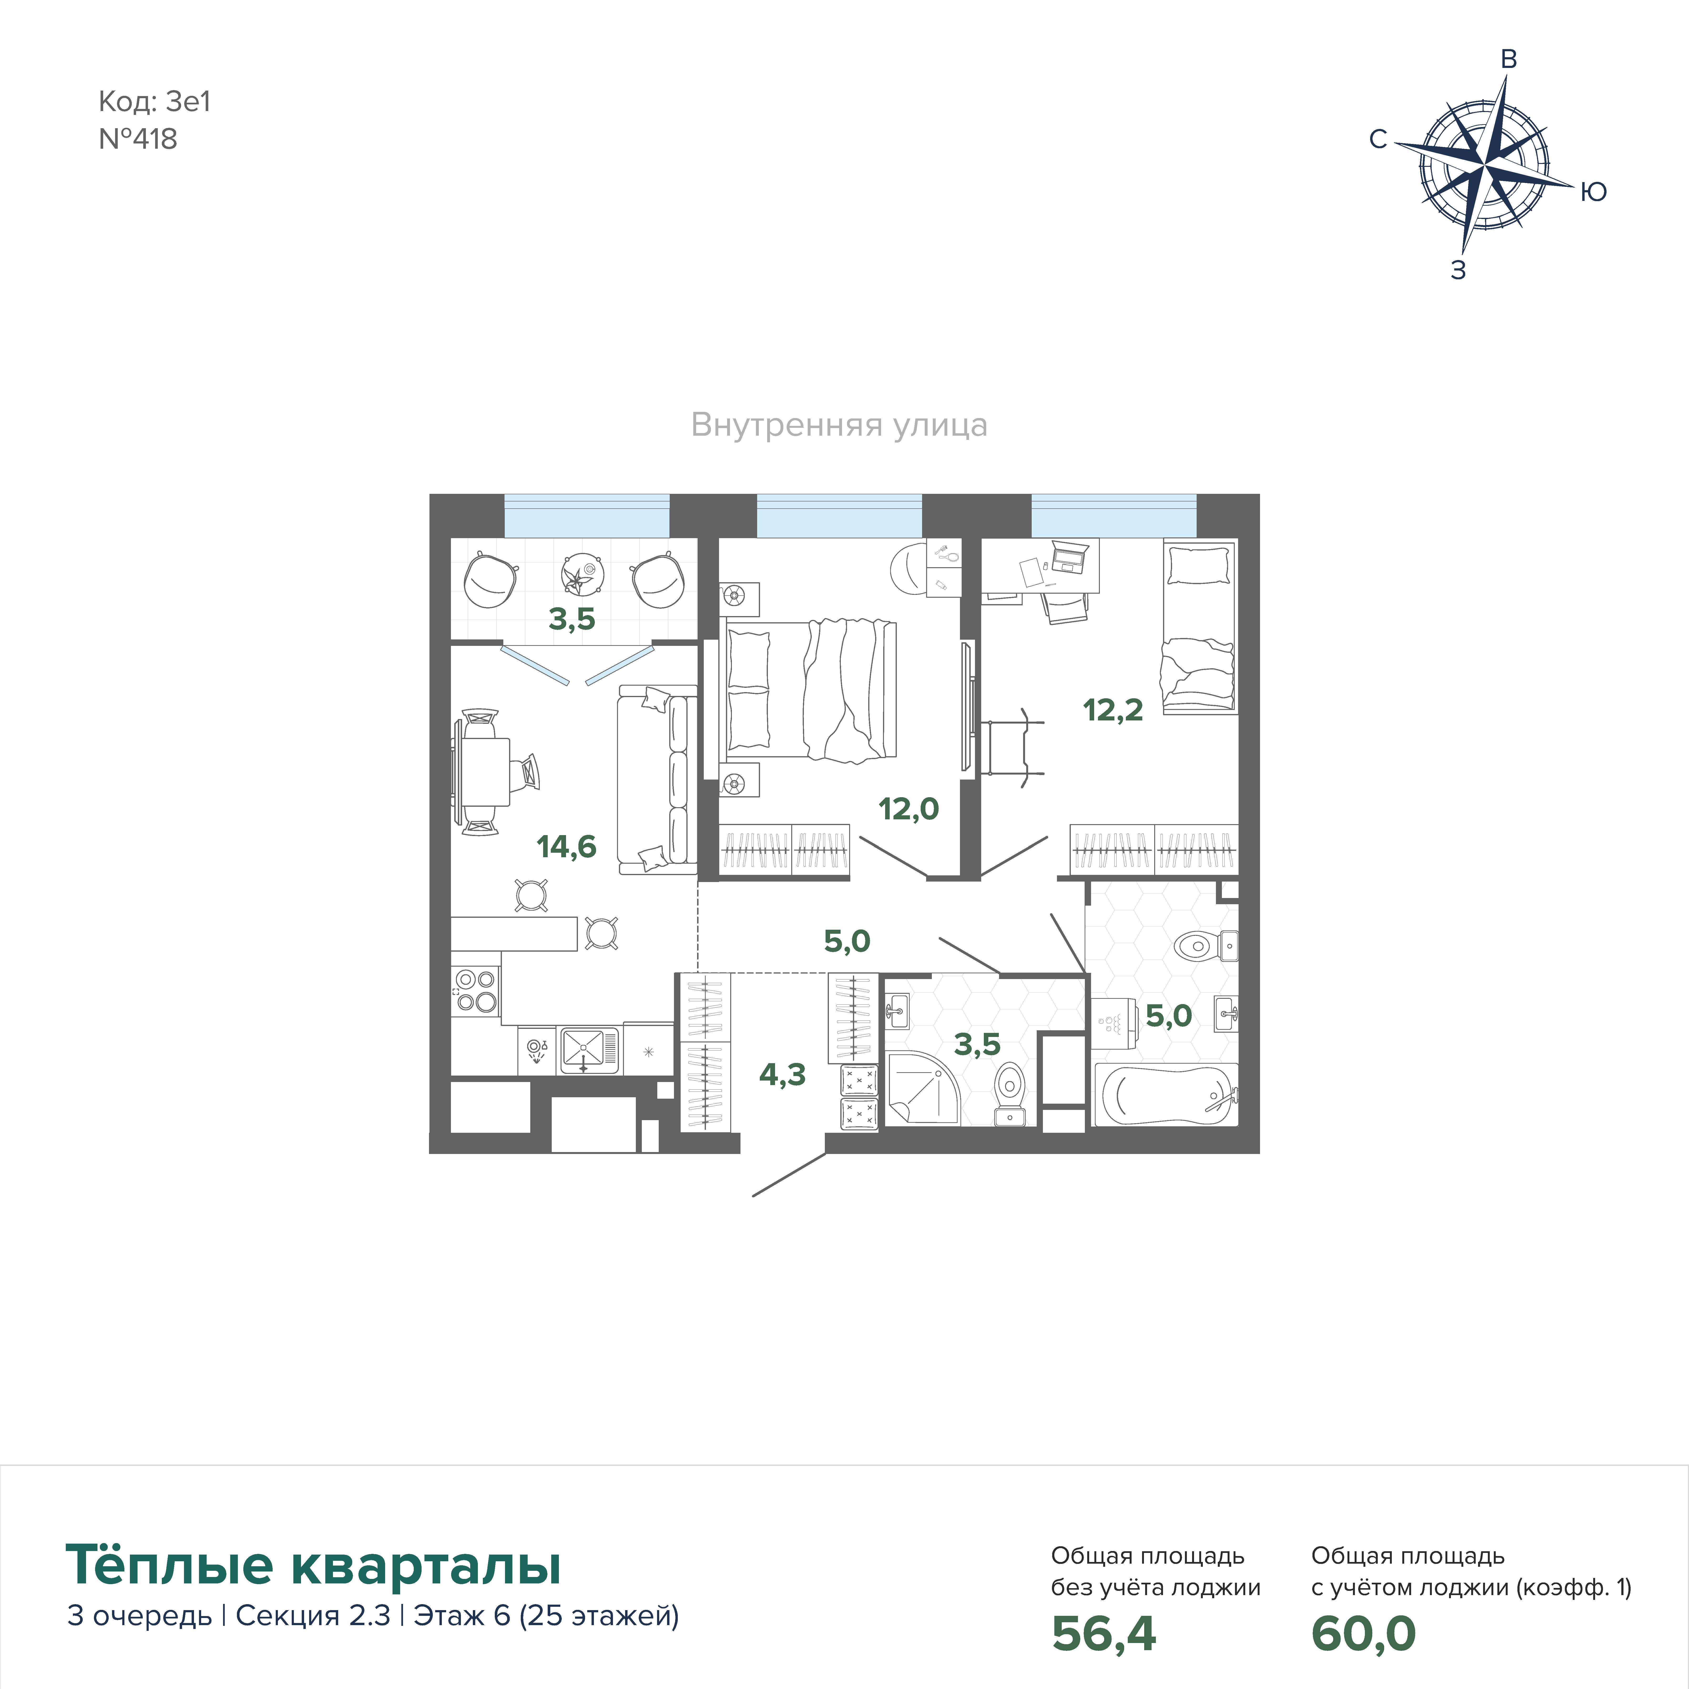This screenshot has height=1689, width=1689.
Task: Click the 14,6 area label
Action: (x=566, y=846)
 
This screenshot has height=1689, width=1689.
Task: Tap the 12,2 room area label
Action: (x=1113, y=710)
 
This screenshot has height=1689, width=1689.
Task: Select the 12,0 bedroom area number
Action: (x=908, y=809)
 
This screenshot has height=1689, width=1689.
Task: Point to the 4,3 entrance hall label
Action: (x=782, y=1074)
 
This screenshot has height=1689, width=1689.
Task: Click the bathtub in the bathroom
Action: (x=1166, y=1095)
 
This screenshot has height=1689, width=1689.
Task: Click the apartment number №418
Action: (x=138, y=139)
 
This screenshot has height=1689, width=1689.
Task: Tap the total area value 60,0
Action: (x=1363, y=1633)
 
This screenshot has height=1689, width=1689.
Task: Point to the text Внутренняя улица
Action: (x=839, y=425)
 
